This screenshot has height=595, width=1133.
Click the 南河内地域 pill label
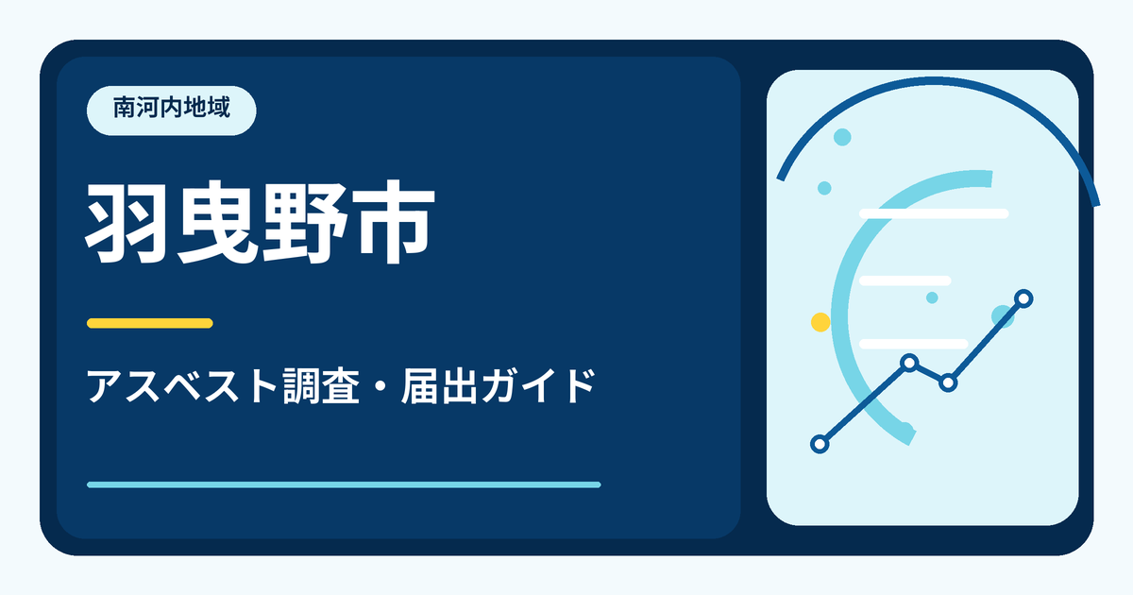[172, 110]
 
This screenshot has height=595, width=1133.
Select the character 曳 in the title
[216, 222]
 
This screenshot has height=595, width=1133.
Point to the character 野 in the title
[304, 222]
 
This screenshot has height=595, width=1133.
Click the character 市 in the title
[392, 222]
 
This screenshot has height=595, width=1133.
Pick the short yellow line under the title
[150, 323]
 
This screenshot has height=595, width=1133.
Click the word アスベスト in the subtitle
[182, 386]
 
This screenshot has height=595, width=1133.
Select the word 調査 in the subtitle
[321, 386]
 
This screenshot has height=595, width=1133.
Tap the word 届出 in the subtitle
[439, 386]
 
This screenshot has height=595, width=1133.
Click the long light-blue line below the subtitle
[344, 484]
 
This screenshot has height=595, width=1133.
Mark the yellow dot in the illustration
[820, 322]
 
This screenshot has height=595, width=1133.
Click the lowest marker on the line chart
[820, 444]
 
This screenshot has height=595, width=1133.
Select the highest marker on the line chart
[1023, 298]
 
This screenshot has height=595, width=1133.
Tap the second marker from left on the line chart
[909, 363]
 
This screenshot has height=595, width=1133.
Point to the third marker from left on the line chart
[948, 383]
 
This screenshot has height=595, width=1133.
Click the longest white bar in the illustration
[934, 213]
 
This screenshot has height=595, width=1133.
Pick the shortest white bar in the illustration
[905, 280]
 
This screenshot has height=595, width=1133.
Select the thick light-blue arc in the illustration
[839, 314]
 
